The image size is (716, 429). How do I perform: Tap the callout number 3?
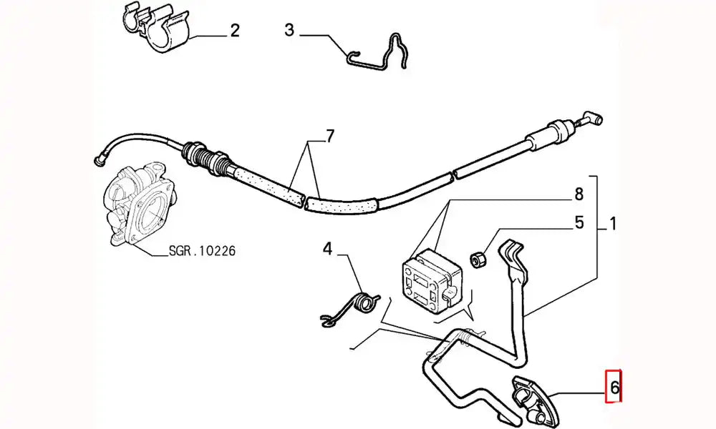tap(289, 30)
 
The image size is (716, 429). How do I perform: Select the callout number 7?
tap(329, 136)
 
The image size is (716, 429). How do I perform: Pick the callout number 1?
tap(612, 225)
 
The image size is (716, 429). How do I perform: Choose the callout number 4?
tap(327, 249)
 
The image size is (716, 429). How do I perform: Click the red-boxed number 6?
tap(614, 390)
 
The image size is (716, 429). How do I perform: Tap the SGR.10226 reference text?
tap(202, 252)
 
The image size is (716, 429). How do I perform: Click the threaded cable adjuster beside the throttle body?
tap(208, 158)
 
